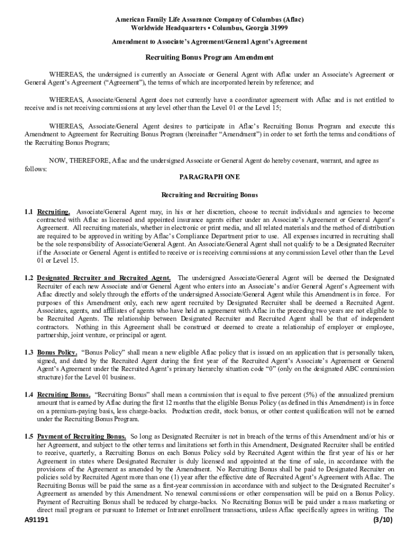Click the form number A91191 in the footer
coord(37,520)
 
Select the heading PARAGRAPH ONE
coord(209,177)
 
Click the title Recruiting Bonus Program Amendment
coord(209,57)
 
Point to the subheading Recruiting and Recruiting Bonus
coord(209,195)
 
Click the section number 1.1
coord(29,211)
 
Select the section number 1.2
coord(29,278)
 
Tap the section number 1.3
coord(29,353)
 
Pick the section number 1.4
coord(29,395)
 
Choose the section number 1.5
coord(29,436)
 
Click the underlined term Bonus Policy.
coord(57,353)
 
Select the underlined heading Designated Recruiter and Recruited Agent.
coord(104,278)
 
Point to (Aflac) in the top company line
coord(293,19)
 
